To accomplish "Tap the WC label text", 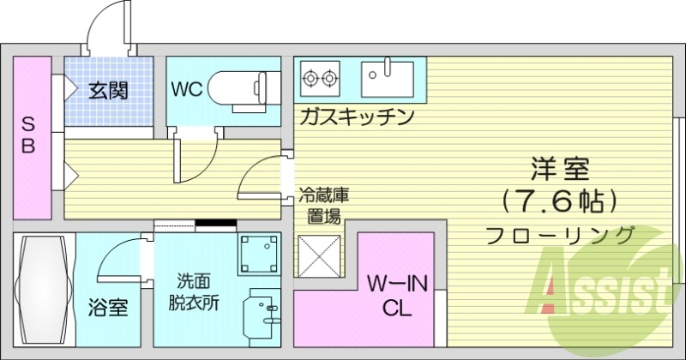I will [x=187, y=90].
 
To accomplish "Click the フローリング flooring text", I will [x=559, y=234].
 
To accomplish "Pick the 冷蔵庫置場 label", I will [x=323, y=206].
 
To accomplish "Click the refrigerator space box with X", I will [x=319, y=255].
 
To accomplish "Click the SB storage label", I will [x=28, y=135].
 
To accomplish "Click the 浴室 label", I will [x=109, y=307].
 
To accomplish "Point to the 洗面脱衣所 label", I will [x=193, y=291].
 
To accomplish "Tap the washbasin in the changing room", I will [x=262, y=312].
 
